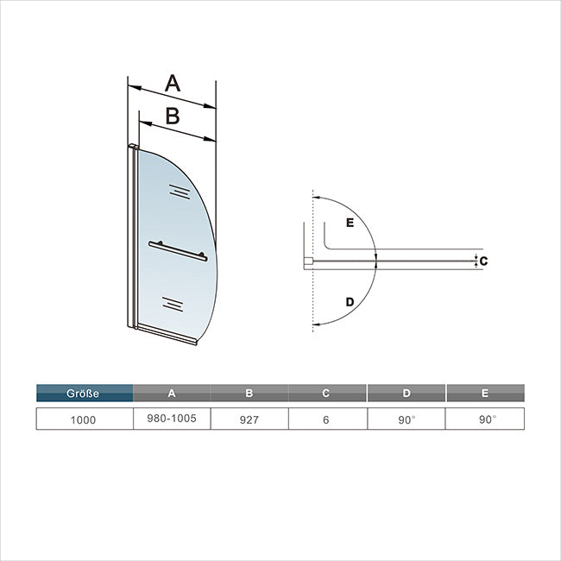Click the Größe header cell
click(85, 393)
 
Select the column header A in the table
click(172, 393)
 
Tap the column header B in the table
click(249, 393)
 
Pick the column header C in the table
click(325, 393)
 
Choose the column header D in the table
click(407, 393)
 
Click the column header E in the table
click(486, 393)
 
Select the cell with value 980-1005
click(172, 419)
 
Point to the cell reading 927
click(249, 419)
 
